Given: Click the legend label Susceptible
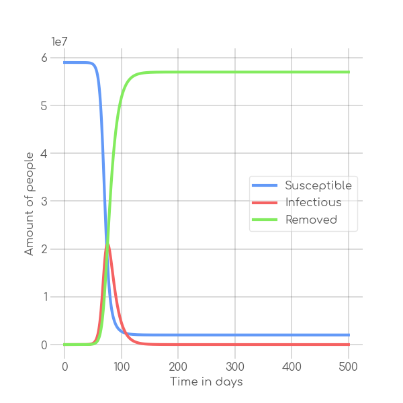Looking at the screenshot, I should pyautogui.click(x=318, y=185).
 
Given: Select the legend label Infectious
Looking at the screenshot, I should pyautogui.click(x=313, y=202).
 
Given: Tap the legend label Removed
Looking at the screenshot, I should pyautogui.click(x=311, y=220).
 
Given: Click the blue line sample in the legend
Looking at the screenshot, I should pyautogui.click(x=264, y=185).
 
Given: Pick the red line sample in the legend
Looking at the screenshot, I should pyautogui.click(x=264, y=202).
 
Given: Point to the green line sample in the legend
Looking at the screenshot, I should pyautogui.click(x=264, y=220).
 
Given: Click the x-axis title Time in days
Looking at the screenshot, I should pyautogui.click(x=206, y=382).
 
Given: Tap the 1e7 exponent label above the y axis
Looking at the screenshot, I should pyautogui.click(x=60, y=42).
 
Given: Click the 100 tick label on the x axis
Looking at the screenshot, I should pyautogui.click(x=122, y=367).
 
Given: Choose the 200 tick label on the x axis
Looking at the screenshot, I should pyautogui.click(x=178, y=367).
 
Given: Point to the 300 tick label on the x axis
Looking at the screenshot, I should pyautogui.click(x=235, y=367).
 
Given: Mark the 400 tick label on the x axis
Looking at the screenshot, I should pyautogui.click(x=292, y=367).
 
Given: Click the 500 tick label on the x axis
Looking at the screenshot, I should pyautogui.click(x=349, y=367).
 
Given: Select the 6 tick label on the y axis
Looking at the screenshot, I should pyautogui.click(x=44, y=58).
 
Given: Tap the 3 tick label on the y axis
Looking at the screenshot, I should pyautogui.click(x=44, y=201).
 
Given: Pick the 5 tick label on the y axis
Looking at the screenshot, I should pyautogui.click(x=44, y=105).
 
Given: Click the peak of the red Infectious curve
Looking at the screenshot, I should pyautogui.click(x=107, y=245).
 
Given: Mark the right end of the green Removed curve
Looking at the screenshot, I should pyautogui.click(x=349, y=72).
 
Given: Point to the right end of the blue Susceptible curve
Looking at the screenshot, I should pyautogui.click(x=349, y=334).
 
